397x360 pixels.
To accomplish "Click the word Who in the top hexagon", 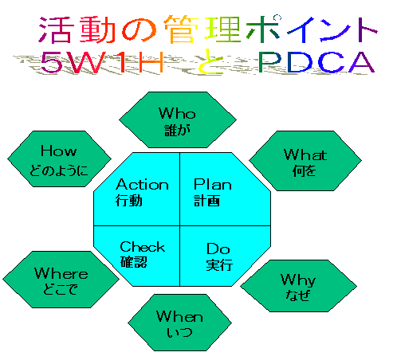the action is tap(177, 113).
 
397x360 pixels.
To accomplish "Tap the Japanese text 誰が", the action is tap(178, 131).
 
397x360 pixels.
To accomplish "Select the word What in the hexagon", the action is tap(305, 155).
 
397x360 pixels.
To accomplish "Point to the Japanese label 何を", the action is tap(305, 170).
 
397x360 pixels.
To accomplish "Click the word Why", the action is tap(298, 280).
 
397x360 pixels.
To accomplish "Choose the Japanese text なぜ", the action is tap(298, 295).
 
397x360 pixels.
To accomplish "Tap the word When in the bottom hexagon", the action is tap(179, 316).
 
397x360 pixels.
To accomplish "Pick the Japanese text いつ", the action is tap(179, 332).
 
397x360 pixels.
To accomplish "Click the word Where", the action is tap(61, 273).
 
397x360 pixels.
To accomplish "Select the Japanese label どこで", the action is tap(61, 289).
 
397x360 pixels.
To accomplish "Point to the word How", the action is tap(59, 151).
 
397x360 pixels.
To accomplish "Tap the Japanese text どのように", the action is tap(59, 170).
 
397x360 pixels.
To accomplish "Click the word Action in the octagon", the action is tap(142, 184).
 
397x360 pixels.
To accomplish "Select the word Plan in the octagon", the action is tap(213, 184).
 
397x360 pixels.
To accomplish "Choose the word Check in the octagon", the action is tap(143, 246).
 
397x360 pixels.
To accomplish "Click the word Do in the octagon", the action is tap(218, 248).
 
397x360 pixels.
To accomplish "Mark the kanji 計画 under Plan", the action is tap(206, 201).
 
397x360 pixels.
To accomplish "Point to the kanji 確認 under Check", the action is tap(134, 262).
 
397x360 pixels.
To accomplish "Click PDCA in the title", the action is tap(316, 62).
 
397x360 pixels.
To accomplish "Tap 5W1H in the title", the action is tap(102, 62).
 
